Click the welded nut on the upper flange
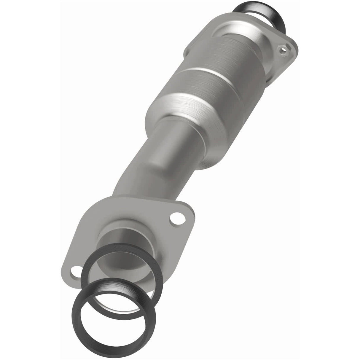(284, 49)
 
